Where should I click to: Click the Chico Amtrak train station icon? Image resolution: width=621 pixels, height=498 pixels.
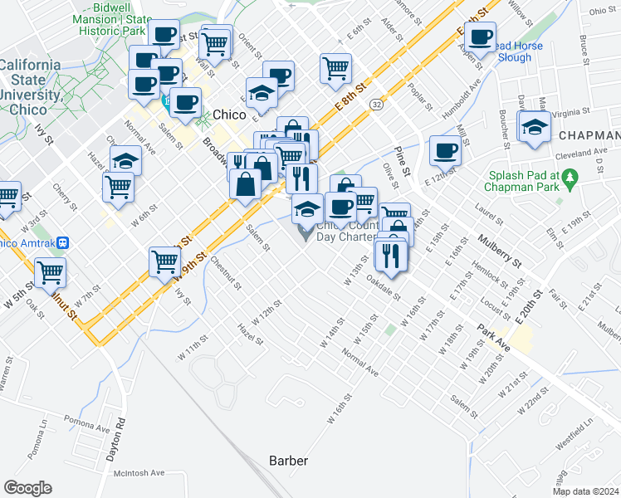(75, 243)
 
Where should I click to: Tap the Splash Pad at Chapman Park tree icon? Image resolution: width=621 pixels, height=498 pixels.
(569, 177)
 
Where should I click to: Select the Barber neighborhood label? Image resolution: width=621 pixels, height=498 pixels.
(288, 461)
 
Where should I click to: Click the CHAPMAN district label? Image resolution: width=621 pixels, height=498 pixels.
(589, 135)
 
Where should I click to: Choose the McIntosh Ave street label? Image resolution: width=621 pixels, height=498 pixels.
(139, 472)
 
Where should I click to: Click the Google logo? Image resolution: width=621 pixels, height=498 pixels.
(27, 488)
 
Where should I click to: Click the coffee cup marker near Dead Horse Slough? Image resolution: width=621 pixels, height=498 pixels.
(480, 37)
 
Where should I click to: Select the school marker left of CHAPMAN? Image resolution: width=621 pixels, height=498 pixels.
(534, 127)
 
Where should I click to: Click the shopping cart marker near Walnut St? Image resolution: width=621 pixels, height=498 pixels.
(51, 271)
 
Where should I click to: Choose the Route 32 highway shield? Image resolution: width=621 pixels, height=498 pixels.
(377, 105)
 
